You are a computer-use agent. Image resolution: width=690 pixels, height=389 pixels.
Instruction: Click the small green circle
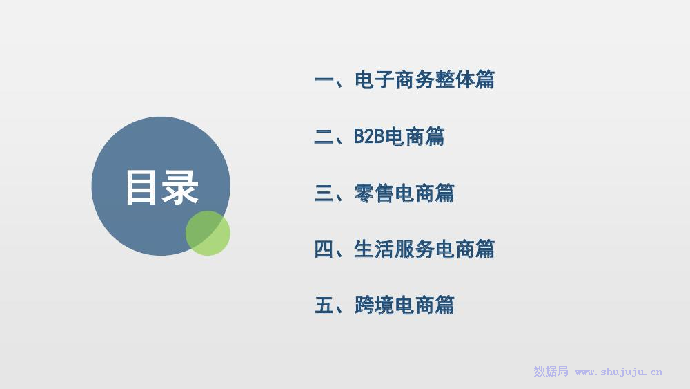(x=208, y=233)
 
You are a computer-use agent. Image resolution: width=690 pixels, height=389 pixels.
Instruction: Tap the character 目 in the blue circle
(x=141, y=188)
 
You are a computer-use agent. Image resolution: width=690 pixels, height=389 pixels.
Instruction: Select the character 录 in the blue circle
(x=180, y=188)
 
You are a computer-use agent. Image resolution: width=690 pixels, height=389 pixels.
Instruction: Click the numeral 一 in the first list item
(x=324, y=80)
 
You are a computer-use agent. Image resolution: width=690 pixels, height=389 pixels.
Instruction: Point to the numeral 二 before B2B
(x=324, y=136)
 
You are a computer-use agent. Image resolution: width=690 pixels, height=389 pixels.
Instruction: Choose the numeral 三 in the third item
(x=324, y=193)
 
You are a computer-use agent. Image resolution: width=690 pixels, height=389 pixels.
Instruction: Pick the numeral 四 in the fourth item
(x=324, y=249)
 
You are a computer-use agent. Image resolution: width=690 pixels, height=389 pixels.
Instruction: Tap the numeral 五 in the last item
(x=324, y=305)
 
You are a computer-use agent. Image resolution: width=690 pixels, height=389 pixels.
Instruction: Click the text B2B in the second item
(x=369, y=136)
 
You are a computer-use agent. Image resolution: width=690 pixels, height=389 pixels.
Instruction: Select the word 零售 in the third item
(x=373, y=193)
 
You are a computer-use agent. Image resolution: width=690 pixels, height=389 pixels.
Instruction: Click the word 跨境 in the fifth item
(x=373, y=305)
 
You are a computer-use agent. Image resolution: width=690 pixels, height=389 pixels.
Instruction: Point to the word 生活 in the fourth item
(x=373, y=249)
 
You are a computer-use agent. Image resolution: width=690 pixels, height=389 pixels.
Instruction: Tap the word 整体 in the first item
(x=455, y=79)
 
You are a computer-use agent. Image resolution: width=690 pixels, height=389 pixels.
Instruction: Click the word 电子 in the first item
(x=373, y=79)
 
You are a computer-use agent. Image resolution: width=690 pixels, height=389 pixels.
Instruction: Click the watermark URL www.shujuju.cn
(x=619, y=372)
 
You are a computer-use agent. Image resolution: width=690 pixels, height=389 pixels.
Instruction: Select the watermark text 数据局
(x=551, y=371)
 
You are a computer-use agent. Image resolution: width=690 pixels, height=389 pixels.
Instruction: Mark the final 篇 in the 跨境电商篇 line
(x=445, y=305)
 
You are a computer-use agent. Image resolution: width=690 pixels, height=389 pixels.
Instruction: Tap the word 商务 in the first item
(x=414, y=79)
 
